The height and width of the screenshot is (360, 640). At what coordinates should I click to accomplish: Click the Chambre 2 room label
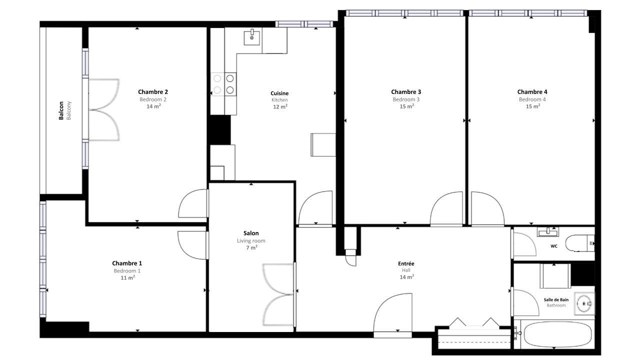pyautogui.click(x=153, y=91)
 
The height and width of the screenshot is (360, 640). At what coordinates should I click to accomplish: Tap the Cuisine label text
pyautogui.click(x=279, y=93)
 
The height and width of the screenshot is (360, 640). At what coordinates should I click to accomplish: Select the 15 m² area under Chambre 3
pyautogui.click(x=406, y=106)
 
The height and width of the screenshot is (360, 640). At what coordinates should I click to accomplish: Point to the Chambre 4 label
pyautogui.click(x=532, y=91)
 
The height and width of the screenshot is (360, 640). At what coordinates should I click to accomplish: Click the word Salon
pyautogui.click(x=251, y=233)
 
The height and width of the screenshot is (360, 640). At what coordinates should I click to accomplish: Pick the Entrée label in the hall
pyautogui.click(x=406, y=263)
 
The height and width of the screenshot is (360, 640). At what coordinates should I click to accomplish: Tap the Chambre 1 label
pyautogui.click(x=127, y=263)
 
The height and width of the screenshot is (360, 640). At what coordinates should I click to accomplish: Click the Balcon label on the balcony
pyautogui.click(x=61, y=110)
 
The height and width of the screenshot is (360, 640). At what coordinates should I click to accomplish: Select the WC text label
pyautogui.click(x=553, y=246)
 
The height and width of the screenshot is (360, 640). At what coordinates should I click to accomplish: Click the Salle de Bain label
pyautogui.click(x=556, y=299)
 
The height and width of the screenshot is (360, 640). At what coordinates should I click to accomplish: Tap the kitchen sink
pyautogui.click(x=251, y=37)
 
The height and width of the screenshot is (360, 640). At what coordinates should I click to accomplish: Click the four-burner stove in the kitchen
pyautogui.click(x=223, y=84)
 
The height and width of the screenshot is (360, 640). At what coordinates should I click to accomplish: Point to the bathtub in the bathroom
pyautogui.click(x=557, y=334)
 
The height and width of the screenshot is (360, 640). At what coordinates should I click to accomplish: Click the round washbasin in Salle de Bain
pyautogui.click(x=584, y=303)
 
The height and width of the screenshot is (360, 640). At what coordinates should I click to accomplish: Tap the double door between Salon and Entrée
pyautogui.click(x=278, y=294)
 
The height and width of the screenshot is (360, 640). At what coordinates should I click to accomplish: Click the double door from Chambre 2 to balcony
pyautogui.click(x=103, y=109)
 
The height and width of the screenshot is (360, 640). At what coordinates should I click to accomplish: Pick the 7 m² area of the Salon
pyautogui.click(x=251, y=247)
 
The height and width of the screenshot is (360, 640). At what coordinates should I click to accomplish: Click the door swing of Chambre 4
pyautogui.click(x=487, y=208)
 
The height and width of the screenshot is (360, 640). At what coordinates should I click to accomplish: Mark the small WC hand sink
pyautogui.click(x=548, y=231)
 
